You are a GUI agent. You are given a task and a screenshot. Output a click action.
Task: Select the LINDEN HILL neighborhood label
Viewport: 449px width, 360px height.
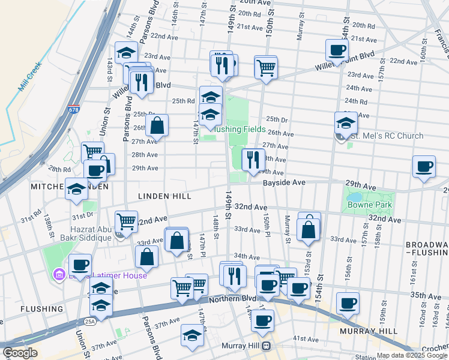164,196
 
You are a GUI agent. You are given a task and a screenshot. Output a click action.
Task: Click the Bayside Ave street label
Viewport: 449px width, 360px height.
285,182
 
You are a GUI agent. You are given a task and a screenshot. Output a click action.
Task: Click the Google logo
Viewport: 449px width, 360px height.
20,353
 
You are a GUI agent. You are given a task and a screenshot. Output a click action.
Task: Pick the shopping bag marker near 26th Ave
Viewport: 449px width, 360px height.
157,126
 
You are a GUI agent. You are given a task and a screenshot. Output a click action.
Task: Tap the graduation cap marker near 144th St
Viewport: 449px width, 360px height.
126,53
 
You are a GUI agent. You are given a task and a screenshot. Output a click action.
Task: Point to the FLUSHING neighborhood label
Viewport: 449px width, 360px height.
41,309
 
